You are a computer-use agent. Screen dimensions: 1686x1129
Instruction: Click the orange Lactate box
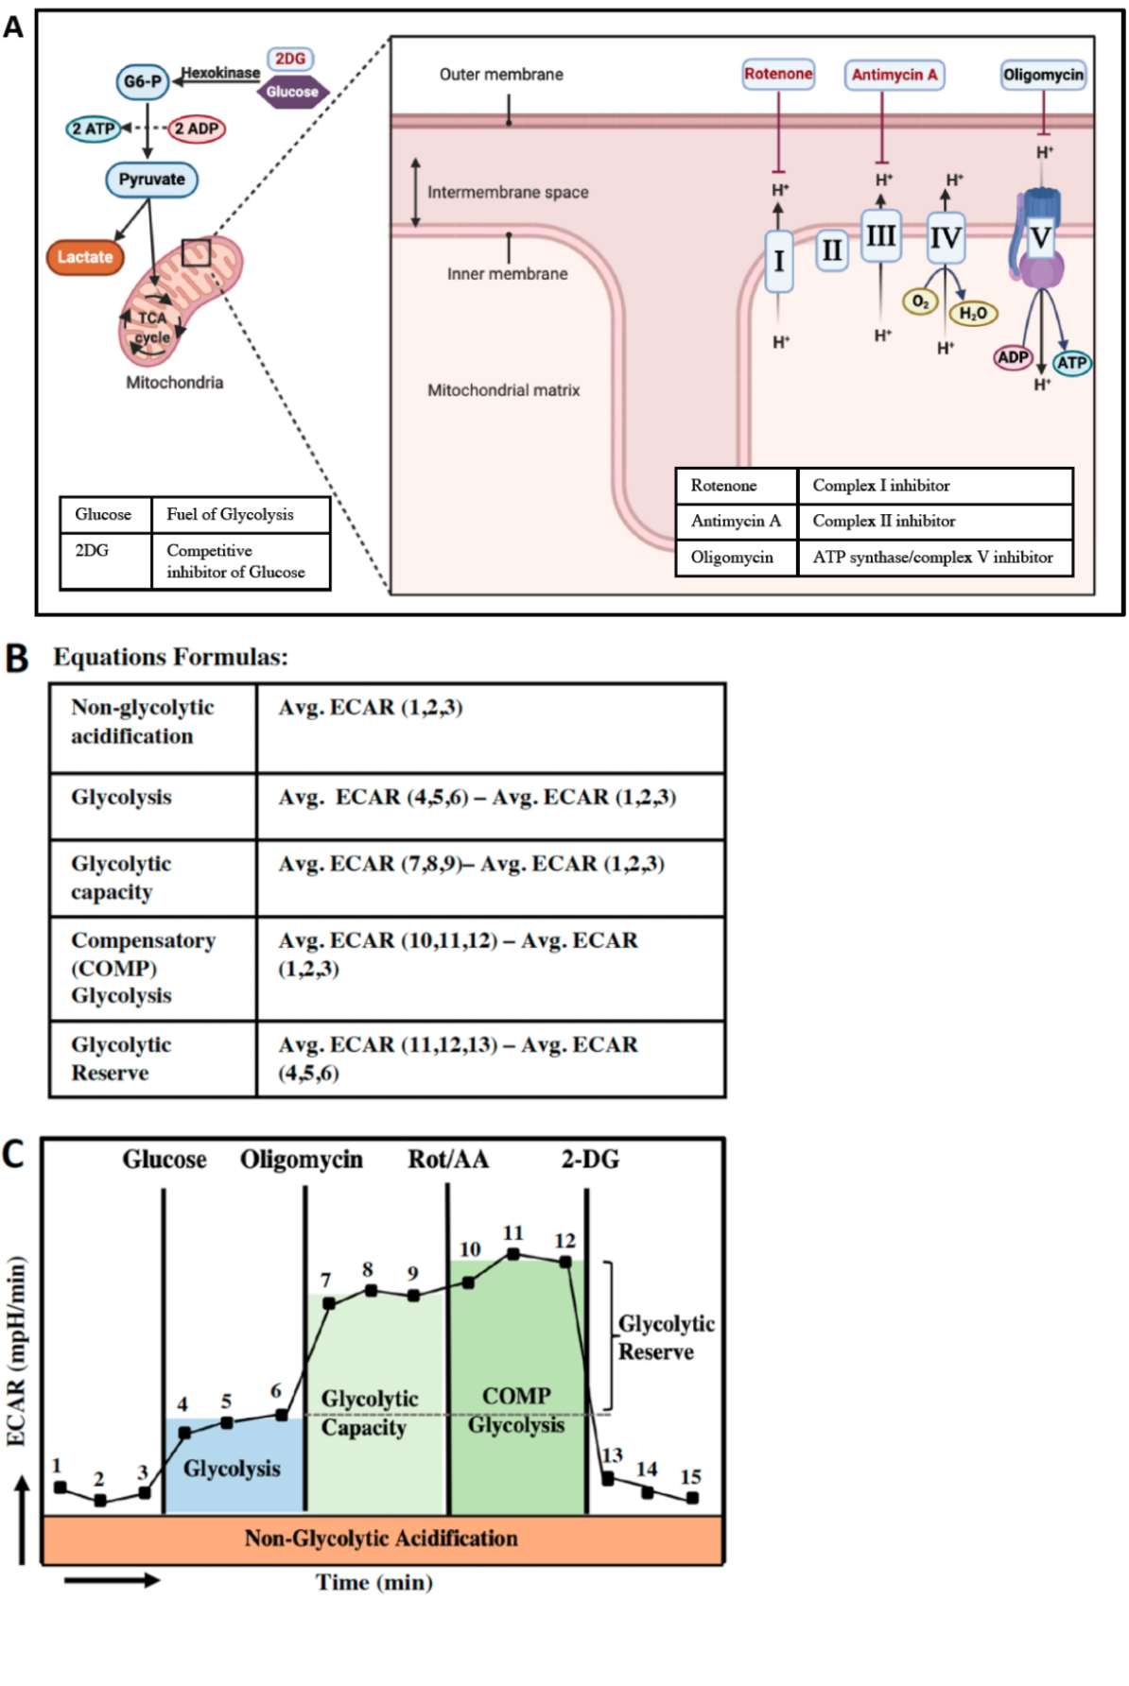(x=85, y=257)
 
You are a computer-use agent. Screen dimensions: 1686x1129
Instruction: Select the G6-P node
(x=143, y=81)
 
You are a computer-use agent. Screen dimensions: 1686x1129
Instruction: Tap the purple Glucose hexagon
(x=292, y=92)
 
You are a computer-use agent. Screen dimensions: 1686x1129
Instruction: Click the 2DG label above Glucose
(x=290, y=59)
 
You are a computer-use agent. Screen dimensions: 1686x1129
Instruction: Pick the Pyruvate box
(x=151, y=180)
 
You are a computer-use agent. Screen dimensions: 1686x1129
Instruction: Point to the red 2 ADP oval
(x=197, y=129)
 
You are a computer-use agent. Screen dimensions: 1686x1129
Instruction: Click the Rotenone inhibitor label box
(x=778, y=74)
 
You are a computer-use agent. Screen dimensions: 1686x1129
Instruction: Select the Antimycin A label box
(x=894, y=75)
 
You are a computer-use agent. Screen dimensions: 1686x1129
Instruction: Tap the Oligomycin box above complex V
(x=1043, y=75)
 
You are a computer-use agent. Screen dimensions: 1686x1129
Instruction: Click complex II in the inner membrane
(x=831, y=251)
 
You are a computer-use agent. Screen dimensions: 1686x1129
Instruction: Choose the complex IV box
(x=945, y=238)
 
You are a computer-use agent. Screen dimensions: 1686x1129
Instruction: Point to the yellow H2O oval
(x=973, y=313)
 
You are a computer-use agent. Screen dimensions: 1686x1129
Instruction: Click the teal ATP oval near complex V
(x=1071, y=363)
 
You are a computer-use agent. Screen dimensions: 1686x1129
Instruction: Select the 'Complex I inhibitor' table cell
(x=934, y=486)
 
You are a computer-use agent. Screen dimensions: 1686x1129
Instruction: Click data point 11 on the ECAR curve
(x=512, y=1254)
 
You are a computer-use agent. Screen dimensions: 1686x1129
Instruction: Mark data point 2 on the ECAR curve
(x=100, y=1501)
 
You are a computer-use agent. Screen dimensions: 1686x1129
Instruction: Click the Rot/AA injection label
(x=448, y=1160)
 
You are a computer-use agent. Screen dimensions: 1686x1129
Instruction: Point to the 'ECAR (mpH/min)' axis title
(x=17, y=1351)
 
